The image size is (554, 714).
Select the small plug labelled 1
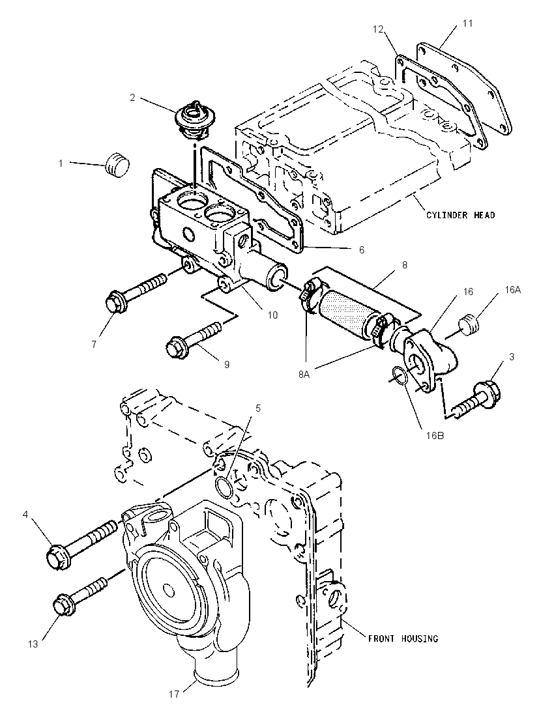117,165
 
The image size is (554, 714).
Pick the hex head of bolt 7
114,303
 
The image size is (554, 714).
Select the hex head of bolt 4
58,556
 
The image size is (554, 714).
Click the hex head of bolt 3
488,392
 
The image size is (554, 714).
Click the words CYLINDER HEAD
461,214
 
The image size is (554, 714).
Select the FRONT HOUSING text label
403,638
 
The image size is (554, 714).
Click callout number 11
468,23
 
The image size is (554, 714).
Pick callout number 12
378,29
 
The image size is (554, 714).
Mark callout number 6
361,250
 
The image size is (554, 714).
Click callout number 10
272,315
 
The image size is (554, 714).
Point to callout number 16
468,291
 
